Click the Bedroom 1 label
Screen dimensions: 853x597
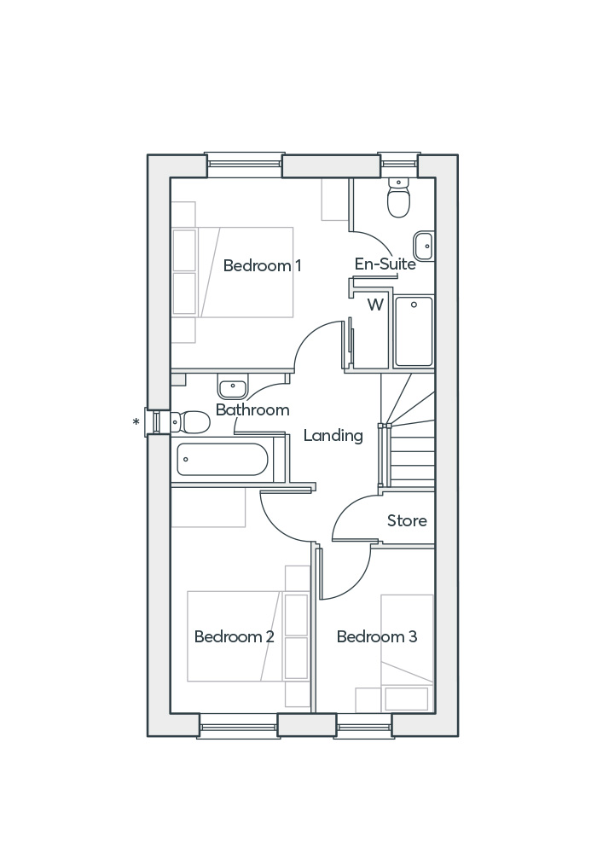[x=262, y=266]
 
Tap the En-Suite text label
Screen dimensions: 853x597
[x=385, y=264]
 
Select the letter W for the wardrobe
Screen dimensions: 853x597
[x=375, y=305]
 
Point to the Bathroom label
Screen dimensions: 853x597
[x=252, y=410]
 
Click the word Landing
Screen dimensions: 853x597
[x=333, y=436]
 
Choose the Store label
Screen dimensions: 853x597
[x=407, y=521]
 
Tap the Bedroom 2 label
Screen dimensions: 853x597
[x=234, y=637]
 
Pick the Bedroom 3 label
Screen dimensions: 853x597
[x=376, y=637]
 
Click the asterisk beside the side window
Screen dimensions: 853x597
[x=136, y=422]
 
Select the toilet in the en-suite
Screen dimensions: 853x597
[x=398, y=200]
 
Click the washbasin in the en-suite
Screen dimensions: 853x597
[x=424, y=246]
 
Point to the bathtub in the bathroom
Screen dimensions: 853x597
[x=222, y=460]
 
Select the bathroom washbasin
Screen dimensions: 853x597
[x=232, y=388]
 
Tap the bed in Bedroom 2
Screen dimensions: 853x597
[x=235, y=636]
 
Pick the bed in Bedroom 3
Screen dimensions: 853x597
[x=407, y=640]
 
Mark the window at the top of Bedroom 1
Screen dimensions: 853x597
[x=244, y=164]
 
